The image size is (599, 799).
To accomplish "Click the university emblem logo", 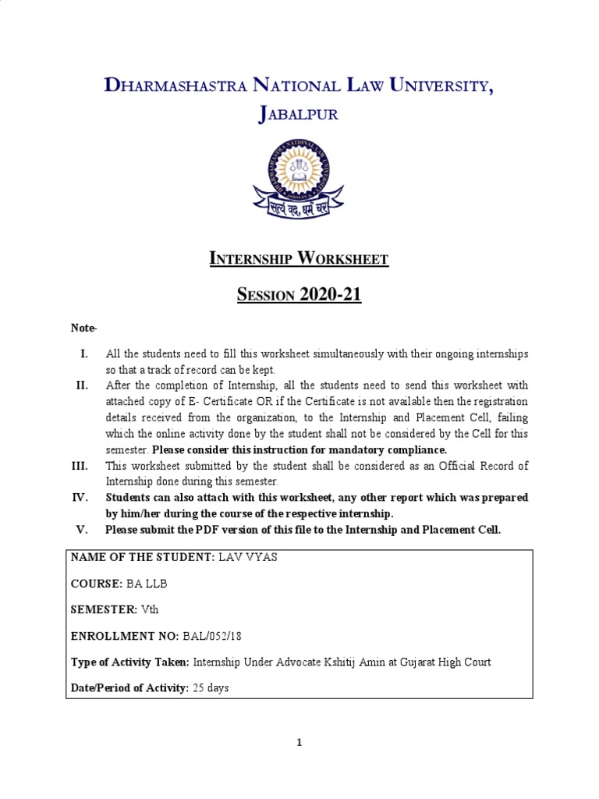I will [299, 178].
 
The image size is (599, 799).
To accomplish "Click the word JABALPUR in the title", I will [299, 115].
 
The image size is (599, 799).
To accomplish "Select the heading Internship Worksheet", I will [299, 259].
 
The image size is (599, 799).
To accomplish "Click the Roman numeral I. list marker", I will [84, 354].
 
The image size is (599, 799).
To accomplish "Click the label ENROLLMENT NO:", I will [125, 636].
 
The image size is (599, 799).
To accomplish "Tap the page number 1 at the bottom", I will [299, 743].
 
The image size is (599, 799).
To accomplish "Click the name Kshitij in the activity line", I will [341, 662].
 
